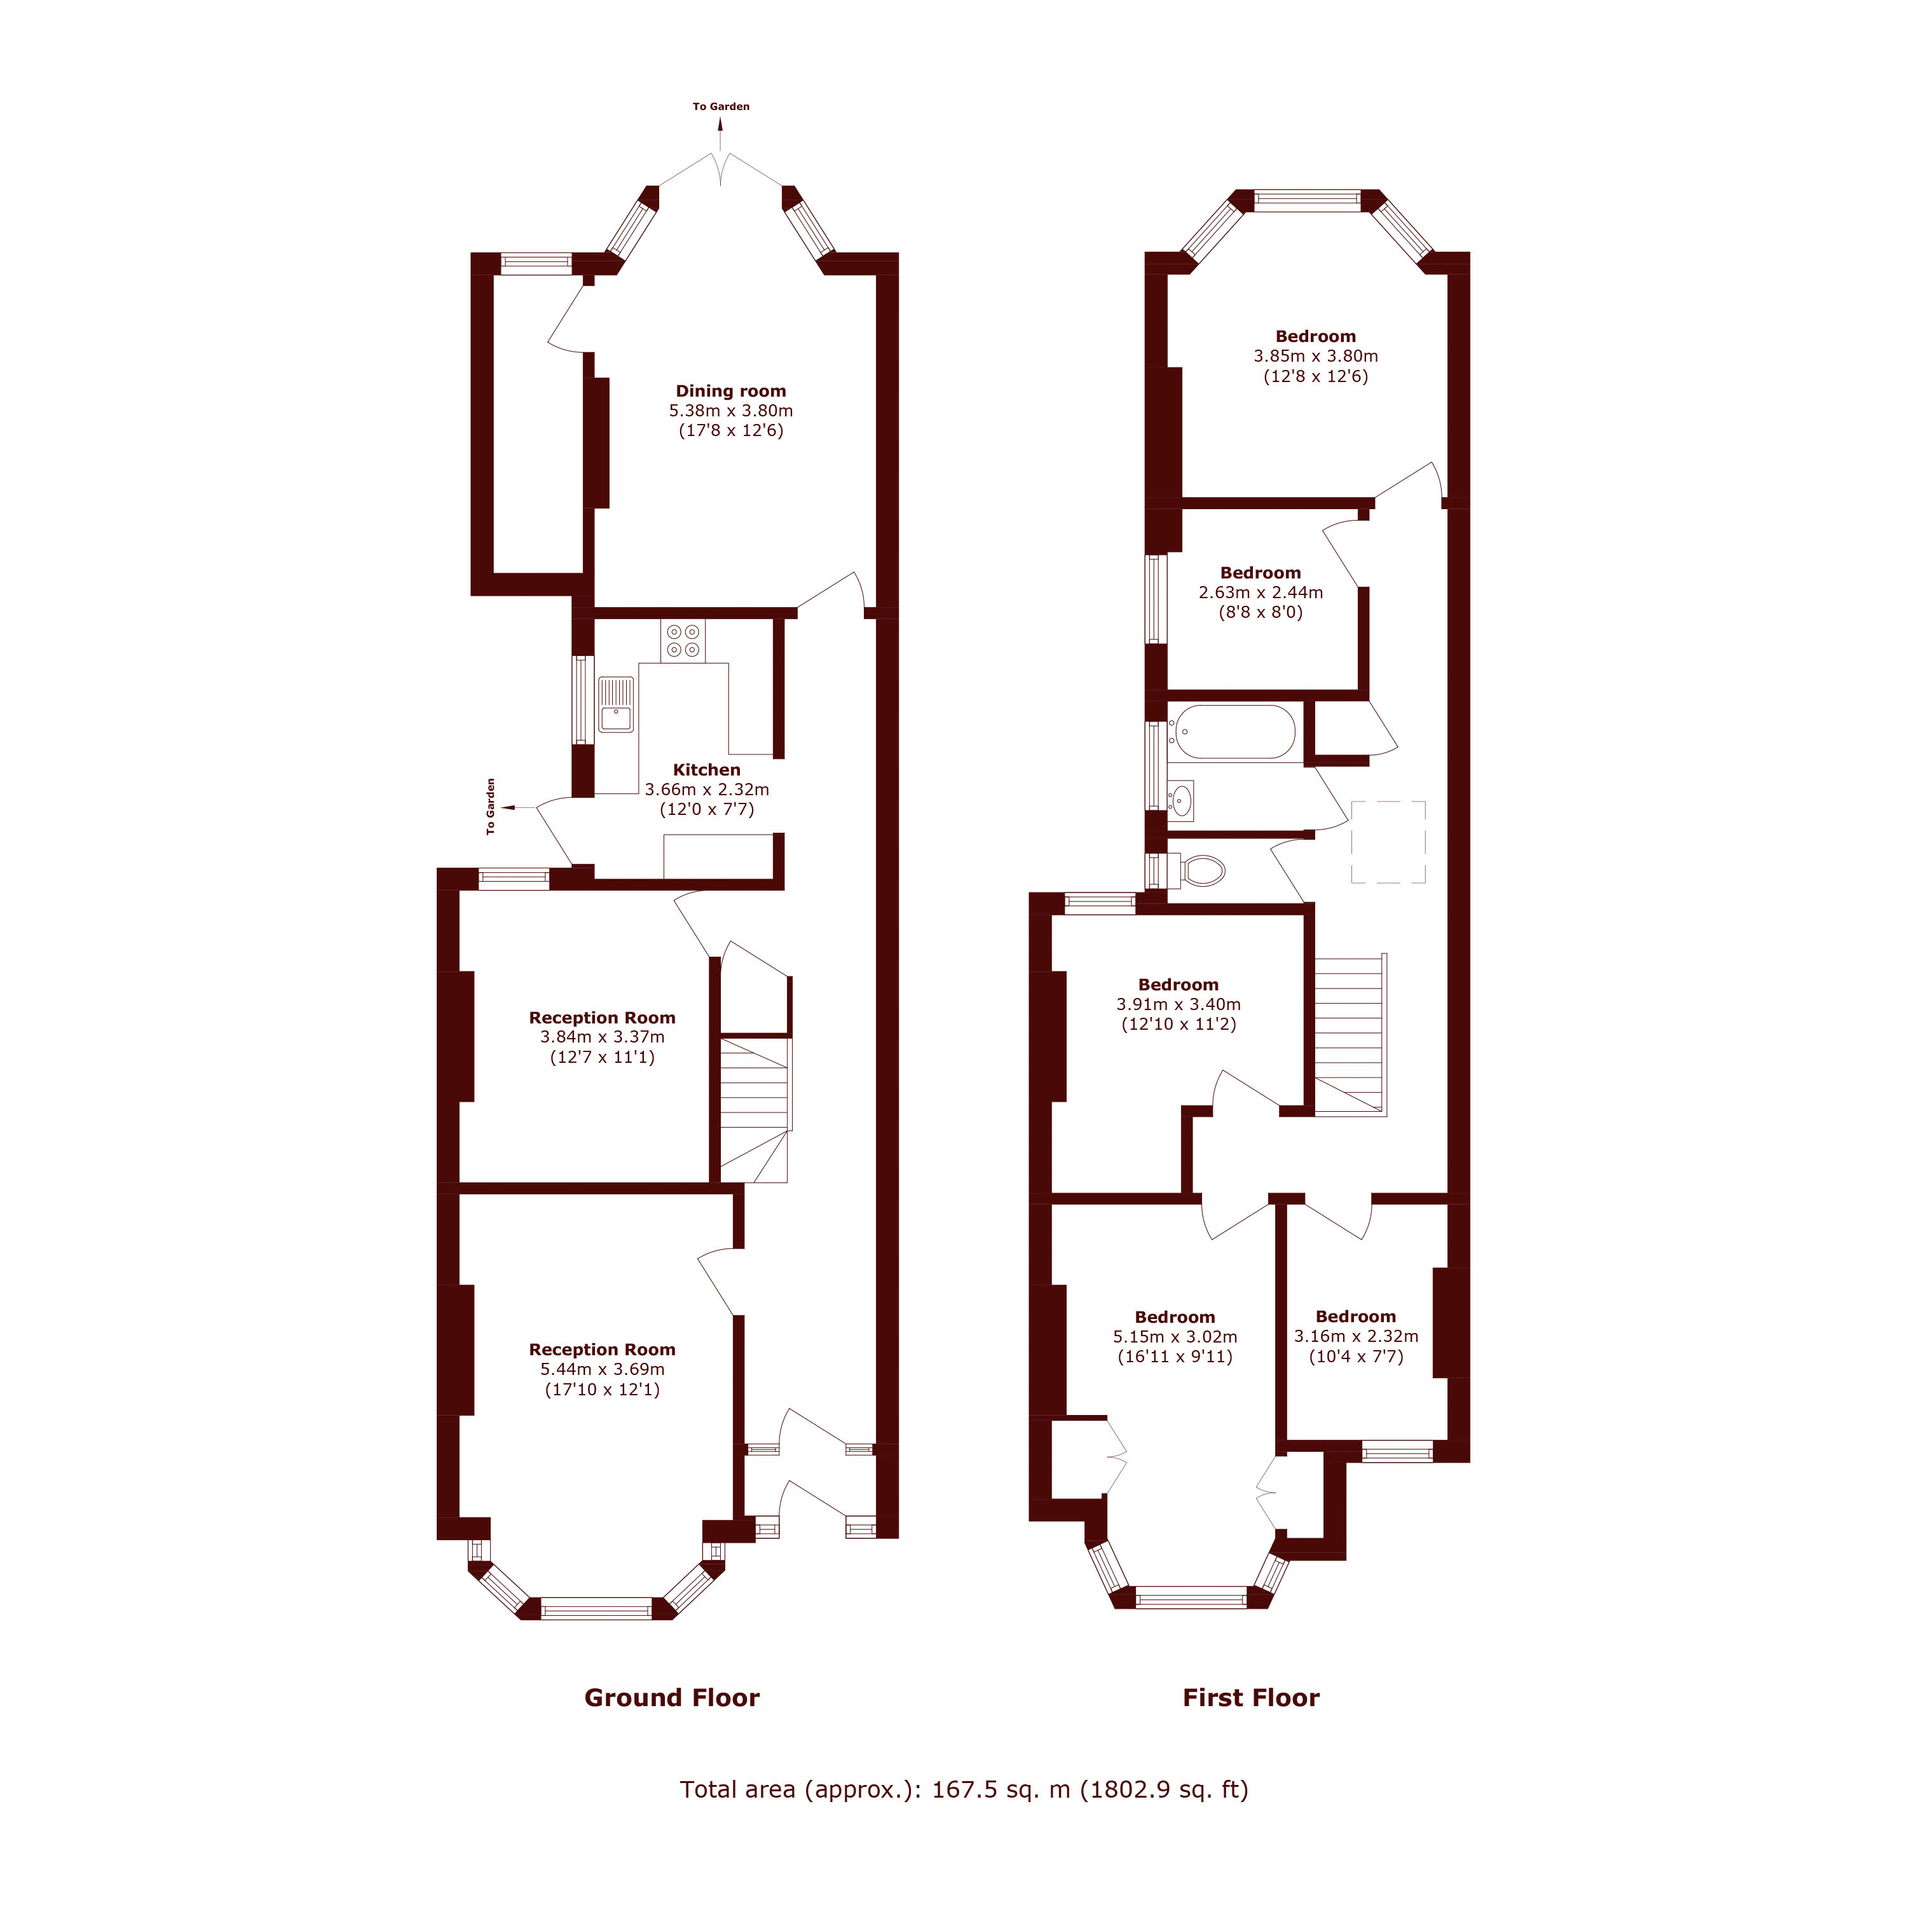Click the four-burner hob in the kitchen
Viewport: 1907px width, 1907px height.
pyautogui.click(x=683, y=641)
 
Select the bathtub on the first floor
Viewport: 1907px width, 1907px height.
pyautogui.click(x=1231, y=732)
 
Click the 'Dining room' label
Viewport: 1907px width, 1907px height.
pyautogui.click(x=730, y=391)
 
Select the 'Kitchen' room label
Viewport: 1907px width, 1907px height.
pyautogui.click(x=707, y=770)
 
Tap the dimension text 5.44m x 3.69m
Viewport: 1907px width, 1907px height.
pyautogui.click(x=602, y=1369)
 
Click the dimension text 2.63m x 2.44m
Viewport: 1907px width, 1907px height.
pyautogui.click(x=1261, y=592)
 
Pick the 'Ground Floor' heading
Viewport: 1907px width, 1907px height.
pyautogui.click(x=672, y=1698)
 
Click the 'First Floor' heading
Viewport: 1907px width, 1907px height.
pyautogui.click(x=1250, y=1698)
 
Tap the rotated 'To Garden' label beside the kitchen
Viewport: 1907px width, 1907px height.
pyautogui.click(x=491, y=807)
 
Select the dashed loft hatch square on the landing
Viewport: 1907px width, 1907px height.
pyautogui.click(x=1388, y=842)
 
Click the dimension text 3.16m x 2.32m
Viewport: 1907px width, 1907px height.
pyautogui.click(x=1357, y=1336)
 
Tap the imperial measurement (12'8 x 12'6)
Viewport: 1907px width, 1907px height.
pyautogui.click(x=1316, y=376)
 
